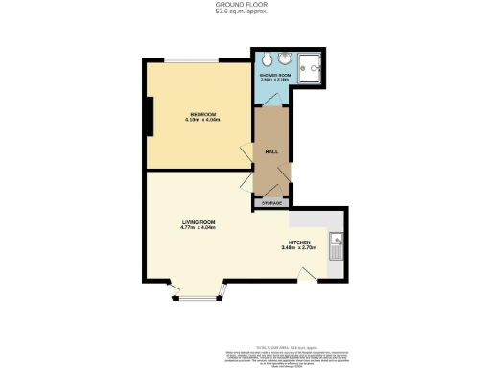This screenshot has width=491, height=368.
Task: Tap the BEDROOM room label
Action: tap(202, 115)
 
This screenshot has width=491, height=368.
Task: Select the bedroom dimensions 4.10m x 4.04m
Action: tap(202, 122)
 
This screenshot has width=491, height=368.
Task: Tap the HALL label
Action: tap(271, 149)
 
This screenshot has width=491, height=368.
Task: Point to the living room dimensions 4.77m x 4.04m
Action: tap(197, 228)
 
